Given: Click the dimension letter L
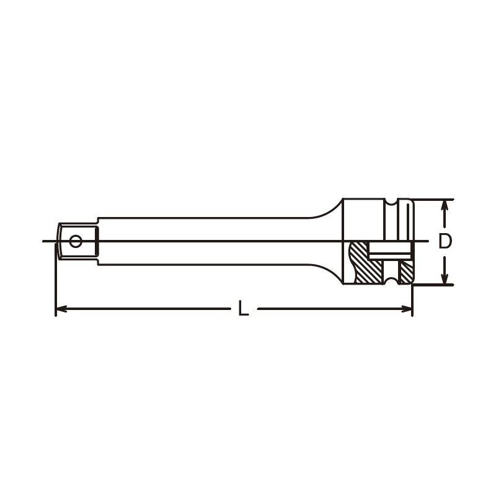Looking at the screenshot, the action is click(x=243, y=308).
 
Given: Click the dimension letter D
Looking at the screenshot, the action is click(x=445, y=241).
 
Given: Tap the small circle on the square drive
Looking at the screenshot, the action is click(x=76, y=241).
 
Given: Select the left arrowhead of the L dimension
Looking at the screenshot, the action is click(x=61, y=309).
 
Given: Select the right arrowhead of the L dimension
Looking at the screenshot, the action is click(x=407, y=309).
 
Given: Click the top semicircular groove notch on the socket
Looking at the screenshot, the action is click(x=391, y=203).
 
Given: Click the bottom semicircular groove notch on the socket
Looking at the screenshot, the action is click(x=391, y=281).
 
